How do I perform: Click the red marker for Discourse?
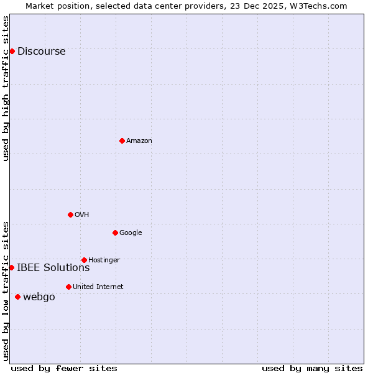[12, 51]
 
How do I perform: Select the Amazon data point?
[122, 140]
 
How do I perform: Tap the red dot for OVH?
[70, 214]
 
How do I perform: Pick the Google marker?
[115, 233]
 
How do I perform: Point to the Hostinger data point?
[84, 260]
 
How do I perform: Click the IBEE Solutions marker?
[11, 267]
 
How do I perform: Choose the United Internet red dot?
[68, 287]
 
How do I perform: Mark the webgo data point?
[17, 297]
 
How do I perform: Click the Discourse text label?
[41, 52]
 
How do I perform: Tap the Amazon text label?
[139, 141]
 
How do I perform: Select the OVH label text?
[81, 215]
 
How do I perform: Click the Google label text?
[131, 233]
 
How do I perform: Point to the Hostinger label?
[104, 260]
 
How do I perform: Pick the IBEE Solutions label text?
[53, 268]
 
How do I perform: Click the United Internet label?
[98, 287]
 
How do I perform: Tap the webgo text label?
[39, 297]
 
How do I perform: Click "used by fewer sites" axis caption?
[64, 368]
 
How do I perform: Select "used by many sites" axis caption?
[312, 368]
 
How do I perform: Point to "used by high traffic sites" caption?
[6, 88]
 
